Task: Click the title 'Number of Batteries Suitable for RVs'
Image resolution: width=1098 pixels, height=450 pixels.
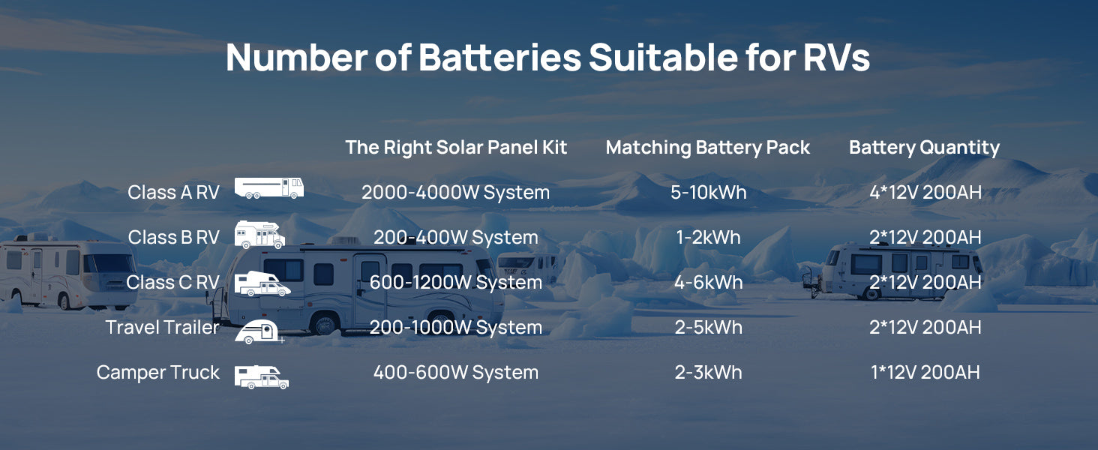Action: point(547,57)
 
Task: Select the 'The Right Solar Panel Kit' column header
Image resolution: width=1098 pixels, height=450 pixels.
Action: point(456,148)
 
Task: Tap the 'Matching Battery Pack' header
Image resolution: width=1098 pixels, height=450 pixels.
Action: point(708,148)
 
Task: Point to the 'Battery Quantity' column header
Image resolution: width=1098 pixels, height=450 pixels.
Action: point(925,148)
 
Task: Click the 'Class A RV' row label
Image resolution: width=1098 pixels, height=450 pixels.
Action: point(173,192)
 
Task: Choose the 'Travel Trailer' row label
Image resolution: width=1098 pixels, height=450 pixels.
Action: point(162,327)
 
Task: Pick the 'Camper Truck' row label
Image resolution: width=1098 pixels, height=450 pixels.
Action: point(157,373)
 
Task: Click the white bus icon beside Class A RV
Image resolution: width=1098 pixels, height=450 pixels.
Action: point(269,188)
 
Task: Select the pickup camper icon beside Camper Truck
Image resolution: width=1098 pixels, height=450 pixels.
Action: point(261,377)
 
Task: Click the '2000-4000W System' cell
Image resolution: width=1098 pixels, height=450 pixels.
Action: point(456,192)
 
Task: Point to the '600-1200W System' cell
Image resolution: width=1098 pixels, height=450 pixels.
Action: point(456,282)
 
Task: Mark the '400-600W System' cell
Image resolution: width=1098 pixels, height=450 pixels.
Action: point(456,373)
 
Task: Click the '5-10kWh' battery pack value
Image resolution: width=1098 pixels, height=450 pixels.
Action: point(708,192)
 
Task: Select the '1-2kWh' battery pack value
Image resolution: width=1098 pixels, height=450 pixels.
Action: point(708,237)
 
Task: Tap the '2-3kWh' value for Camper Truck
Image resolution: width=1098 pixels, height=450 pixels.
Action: point(708,373)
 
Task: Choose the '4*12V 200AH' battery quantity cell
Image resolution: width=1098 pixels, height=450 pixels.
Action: point(925,192)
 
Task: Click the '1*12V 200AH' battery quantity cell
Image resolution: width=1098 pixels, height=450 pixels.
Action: point(925,373)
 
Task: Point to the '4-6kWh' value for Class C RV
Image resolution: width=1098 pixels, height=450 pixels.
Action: point(708,282)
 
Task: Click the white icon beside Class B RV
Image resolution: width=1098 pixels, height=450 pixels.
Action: point(259,234)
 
